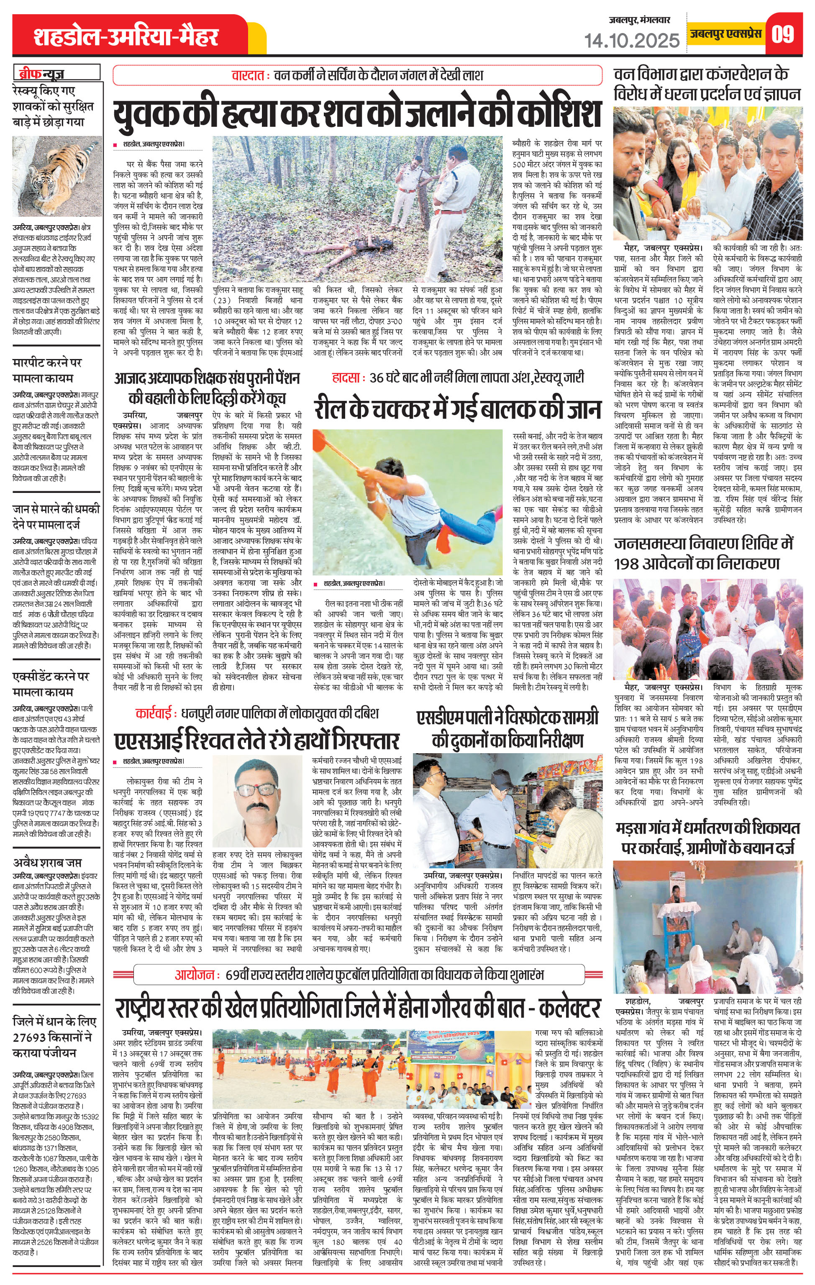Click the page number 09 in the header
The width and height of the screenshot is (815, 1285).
(782, 34)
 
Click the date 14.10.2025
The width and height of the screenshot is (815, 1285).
(632, 40)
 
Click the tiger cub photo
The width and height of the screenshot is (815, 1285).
(56, 176)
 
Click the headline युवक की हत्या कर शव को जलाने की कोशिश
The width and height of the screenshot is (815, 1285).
(356, 113)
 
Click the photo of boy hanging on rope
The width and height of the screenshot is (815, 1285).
(407, 502)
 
